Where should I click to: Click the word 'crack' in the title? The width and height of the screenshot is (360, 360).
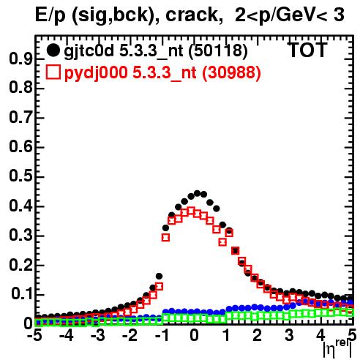click(x=192, y=15)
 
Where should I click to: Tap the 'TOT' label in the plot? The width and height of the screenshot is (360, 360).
click(x=308, y=50)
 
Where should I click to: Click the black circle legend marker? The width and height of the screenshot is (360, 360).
click(x=53, y=50)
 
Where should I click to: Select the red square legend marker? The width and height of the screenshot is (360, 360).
click(x=53, y=72)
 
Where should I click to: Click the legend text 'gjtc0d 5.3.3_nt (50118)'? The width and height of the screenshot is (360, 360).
click(x=156, y=51)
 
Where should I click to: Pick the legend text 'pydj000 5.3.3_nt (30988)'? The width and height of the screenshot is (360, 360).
click(x=162, y=73)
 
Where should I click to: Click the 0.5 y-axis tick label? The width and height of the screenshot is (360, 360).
click(x=20, y=177)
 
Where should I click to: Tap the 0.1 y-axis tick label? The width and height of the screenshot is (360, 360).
click(x=22, y=294)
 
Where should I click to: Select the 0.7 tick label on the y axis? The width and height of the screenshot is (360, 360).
click(x=20, y=118)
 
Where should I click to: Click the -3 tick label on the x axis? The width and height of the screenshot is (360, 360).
click(x=98, y=335)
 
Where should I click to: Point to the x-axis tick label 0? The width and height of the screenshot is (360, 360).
click(x=194, y=335)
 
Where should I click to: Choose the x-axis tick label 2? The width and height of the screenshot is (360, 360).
click(x=258, y=335)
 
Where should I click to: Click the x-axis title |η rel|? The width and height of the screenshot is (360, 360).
click(x=337, y=350)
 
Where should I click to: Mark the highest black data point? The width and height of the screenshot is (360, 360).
click(x=197, y=193)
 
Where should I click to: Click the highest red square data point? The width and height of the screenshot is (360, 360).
click(x=191, y=211)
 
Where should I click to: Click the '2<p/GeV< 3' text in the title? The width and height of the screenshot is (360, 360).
click(x=289, y=15)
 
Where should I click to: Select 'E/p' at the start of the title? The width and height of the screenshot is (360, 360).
click(x=50, y=15)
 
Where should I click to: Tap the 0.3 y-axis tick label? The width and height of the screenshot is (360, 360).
click(x=20, y=236)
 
